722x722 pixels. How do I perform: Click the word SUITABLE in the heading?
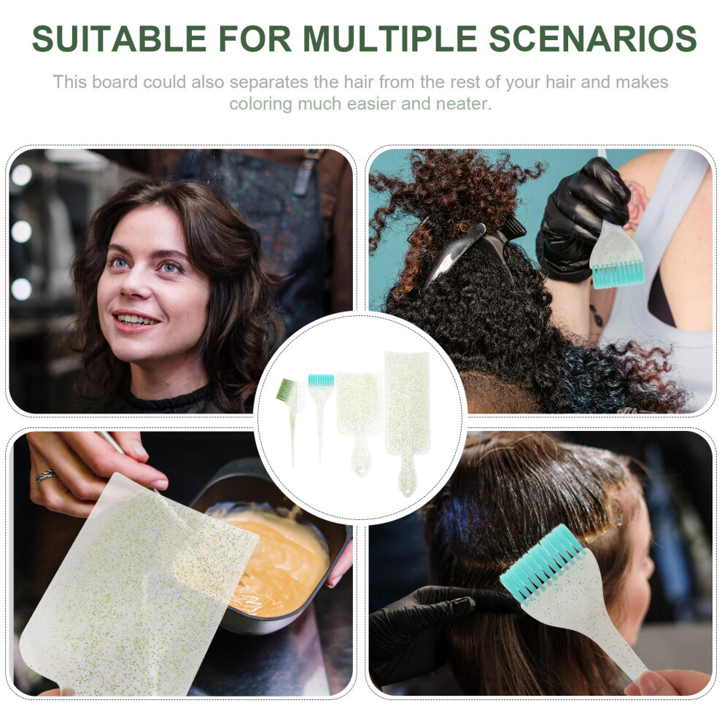[x=119, y=38]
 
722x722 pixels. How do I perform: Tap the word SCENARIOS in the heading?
[x=593, y=38]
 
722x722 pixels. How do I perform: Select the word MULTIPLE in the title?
[x=390, y=38]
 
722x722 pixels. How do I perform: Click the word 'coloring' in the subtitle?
[x=260, y=104]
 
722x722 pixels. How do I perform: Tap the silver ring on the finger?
[x=46, y=476]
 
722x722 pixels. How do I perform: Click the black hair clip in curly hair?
[x=470, y=249]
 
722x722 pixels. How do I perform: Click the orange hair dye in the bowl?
[x=276, y=562]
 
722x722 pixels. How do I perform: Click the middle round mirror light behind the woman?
[x=21, y=231]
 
